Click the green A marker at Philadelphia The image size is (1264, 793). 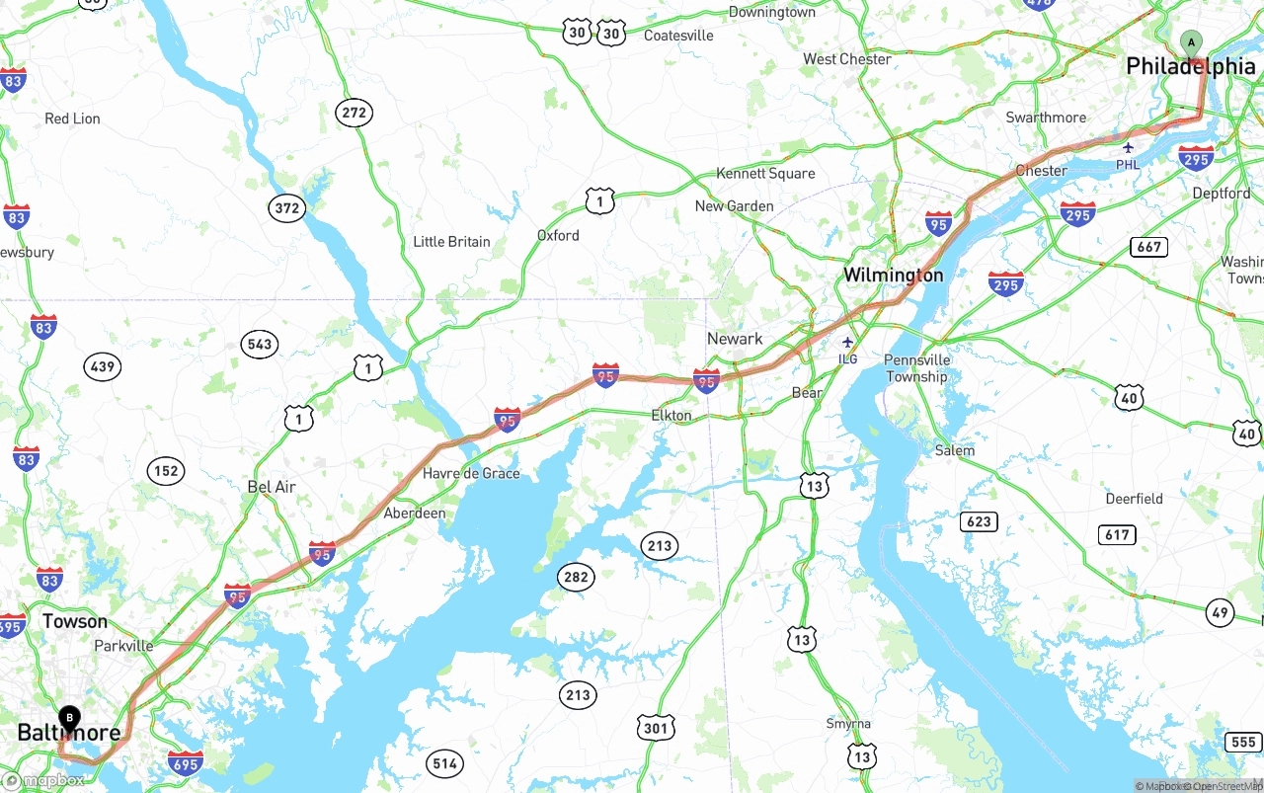pyautogui.click(x=1192, y=42)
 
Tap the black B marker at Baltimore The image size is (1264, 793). pyautogui.click(x=69, y=718)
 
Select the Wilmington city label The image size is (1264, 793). pyautogui.click(x=893, y=275)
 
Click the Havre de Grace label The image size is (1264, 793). pyautogui.click(x=471, y=473)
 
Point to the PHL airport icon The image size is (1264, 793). pyautogui.click(x=1128, y=148)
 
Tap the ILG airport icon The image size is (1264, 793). pyautogui.click(x=847, y=342)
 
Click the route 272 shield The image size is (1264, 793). pyautogui.click(x=354, y=113)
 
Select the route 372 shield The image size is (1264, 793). pyautogui.click(x=287, y=207)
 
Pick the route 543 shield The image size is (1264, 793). pyautogui.click(x=260, y=344)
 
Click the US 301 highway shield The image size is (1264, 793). pyautogui.click(x=656, y=729)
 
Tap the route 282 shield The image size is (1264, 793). pyautogui.click(x=576, y=577)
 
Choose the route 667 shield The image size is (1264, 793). pyautogui.click(x=1149, y=246)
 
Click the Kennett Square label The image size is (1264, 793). pyautogui.click(x=767, y=173)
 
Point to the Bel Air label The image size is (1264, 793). pyautogui.click(x=272, y=487)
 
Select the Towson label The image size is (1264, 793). pyautogui.click(x=75, y=621)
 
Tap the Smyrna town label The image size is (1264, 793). pyautogui.click(x=848, y=724)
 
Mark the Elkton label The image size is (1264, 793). pyautogui.click(x=671, y=415)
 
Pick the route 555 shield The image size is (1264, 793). pyautogui.click(x=1243, y=742)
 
